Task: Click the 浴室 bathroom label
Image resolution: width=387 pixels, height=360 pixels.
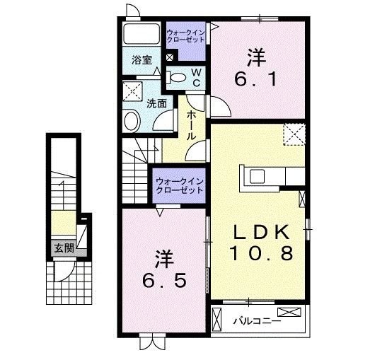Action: [x=142, y=61]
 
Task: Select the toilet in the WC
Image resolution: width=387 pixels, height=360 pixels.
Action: [x=180, y=78]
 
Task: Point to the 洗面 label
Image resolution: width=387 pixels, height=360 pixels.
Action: [x=156, y=103]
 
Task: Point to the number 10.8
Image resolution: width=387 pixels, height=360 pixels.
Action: [x=262, y=252]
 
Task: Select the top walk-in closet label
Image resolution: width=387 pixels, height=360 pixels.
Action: [x=185, y=37]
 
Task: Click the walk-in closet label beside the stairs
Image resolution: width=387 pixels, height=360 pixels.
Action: [x=179, y=187]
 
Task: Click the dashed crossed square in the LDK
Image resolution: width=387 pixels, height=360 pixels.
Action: [x=293, y=134]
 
